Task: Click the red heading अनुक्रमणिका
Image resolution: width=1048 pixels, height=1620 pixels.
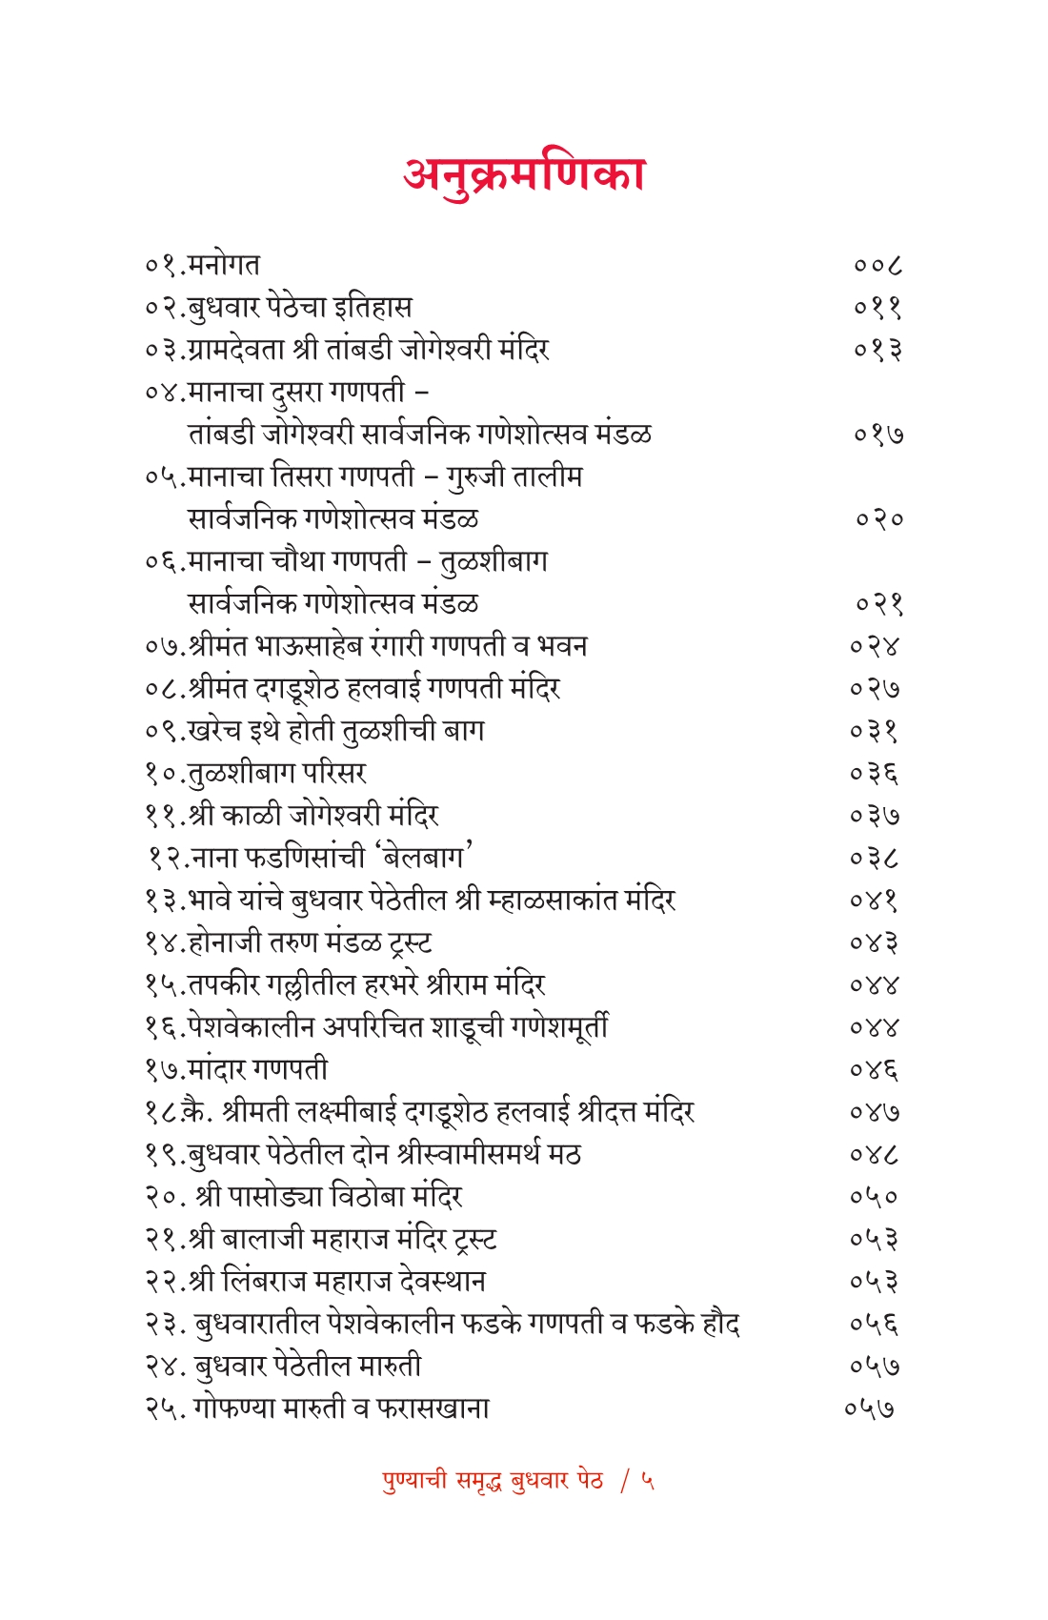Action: pos(524,174)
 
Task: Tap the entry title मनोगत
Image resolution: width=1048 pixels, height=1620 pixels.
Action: pos(224,265)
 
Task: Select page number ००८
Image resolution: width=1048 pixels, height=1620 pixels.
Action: pos(877,265)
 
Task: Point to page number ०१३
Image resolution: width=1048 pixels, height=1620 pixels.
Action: pos(877,350)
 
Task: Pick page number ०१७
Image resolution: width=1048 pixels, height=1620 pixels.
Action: pos(877,435)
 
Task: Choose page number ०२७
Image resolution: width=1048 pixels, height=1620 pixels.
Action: pos(875,689)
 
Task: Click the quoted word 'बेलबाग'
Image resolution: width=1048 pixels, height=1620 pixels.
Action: pos(426,858)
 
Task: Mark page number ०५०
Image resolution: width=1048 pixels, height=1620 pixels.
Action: pos(875,1197)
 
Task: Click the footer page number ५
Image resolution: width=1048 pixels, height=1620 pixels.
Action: pos(648,1481)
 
